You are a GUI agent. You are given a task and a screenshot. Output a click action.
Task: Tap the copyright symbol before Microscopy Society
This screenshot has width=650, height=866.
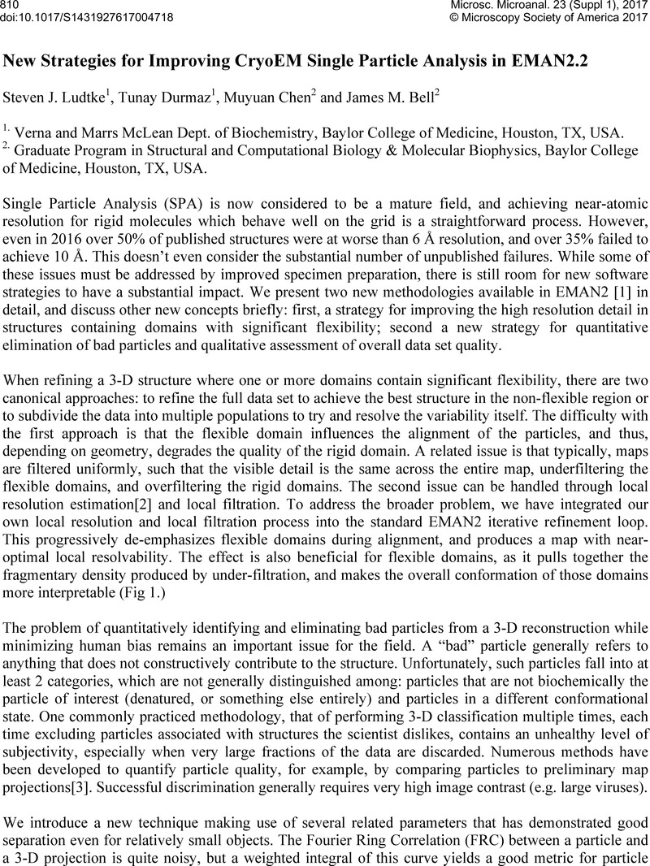coord(464,19)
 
